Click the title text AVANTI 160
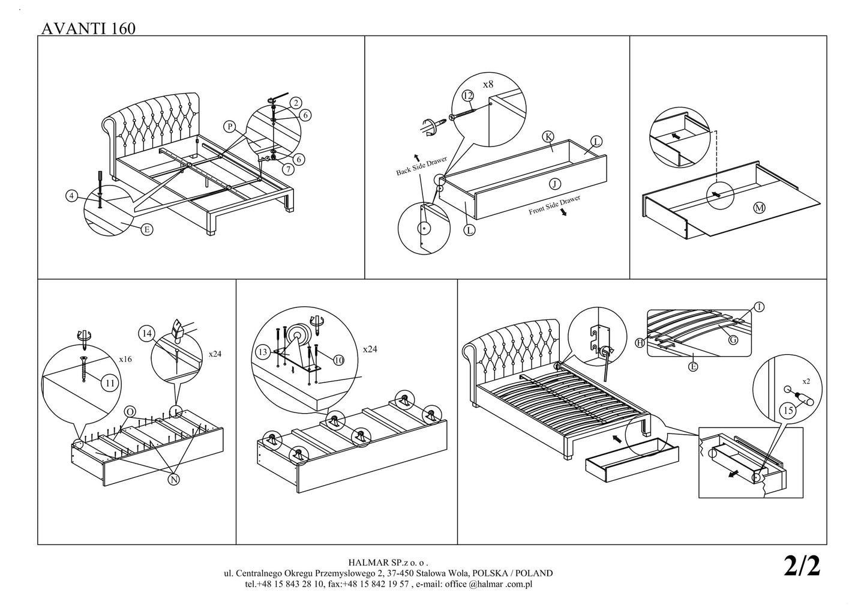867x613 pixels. (x=88, y=28)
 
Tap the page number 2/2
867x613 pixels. (x=802, y=566)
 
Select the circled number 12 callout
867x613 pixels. (x=468, y=95)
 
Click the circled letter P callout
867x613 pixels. (x=229, y=126)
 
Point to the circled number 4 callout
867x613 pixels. (x=72, y=196)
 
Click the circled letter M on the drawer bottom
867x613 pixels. (x=759, y=208)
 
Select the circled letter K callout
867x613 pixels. (x=548, y=136)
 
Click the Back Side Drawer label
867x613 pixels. (x=421, y=166)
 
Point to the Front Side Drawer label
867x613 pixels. (x=554, y=205)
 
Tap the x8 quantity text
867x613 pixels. (x=488, y=85)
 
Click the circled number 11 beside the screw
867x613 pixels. (x=109, y=382)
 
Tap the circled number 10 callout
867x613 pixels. (x=338, y=360)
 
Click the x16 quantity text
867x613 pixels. (x=125, y=359)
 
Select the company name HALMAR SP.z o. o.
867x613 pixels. (x=388, y=563)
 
